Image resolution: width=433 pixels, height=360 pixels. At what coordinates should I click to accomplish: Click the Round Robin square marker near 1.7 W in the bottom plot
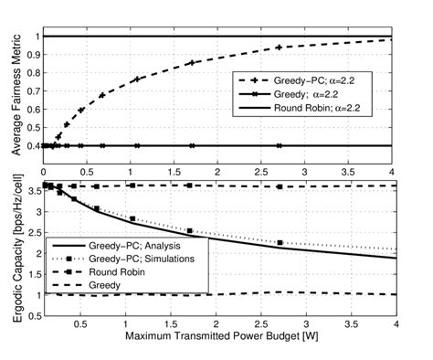(189, 185)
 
